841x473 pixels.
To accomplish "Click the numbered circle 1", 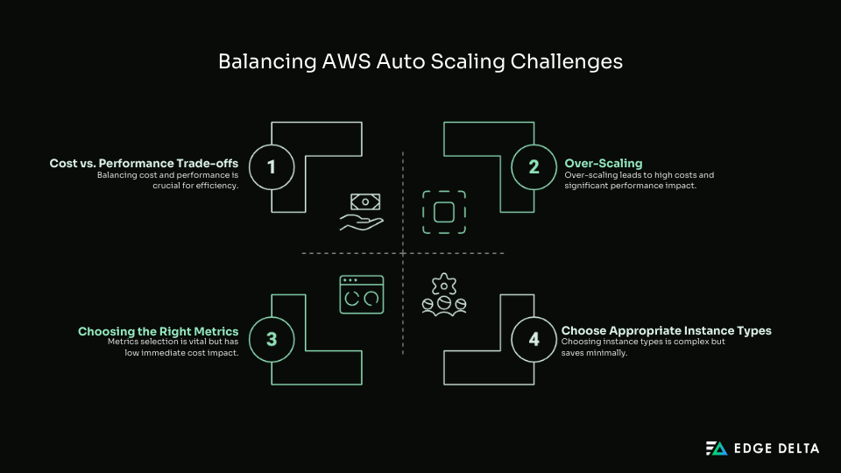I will (272, 166).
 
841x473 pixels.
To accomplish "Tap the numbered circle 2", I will (534, 166).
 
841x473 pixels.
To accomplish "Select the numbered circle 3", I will (272, 340).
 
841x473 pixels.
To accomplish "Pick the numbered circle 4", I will (534, 340).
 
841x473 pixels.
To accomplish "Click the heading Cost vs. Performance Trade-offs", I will (144, 163).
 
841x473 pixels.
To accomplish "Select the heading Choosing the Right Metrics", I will (158, 331).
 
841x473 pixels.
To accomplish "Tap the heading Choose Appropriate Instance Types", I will (666, 331).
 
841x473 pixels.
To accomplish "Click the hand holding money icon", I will (362, 212).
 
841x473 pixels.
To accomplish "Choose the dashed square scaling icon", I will (444, 212).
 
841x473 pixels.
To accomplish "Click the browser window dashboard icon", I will (362, 294).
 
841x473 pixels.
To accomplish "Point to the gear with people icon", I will (444, 294).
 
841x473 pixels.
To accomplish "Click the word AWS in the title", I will (333, 62).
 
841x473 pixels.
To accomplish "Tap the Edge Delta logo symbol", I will (717, 448).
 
